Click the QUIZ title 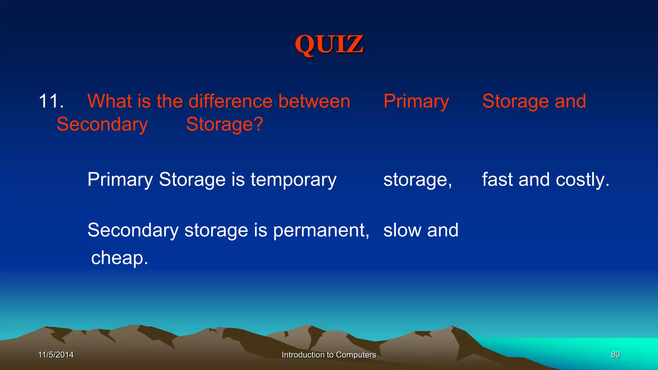click(329, 44)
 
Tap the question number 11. click(51, 101)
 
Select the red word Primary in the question click(416, 102)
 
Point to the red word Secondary click(102, 125)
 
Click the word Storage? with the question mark click(225, 125)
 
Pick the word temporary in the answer click(293, 180)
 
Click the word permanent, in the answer click(321, 231)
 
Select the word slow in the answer click(402, 230)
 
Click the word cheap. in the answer click(120, 258)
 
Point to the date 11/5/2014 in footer click(56, 355)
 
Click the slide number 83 click(615, 355)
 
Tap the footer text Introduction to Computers click(329, 355)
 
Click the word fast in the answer click(497, 179)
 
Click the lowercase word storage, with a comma click(417, 180)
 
